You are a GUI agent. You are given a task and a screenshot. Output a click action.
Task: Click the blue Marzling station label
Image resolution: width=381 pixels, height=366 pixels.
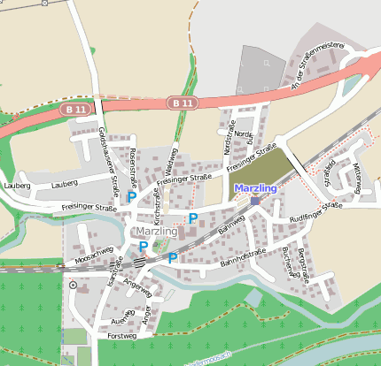pos(255,188)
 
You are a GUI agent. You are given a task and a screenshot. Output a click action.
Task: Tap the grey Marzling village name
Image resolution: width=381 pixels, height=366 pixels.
pos(157,232)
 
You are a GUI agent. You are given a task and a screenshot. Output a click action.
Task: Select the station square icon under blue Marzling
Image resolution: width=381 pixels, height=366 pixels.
pos(255,201)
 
